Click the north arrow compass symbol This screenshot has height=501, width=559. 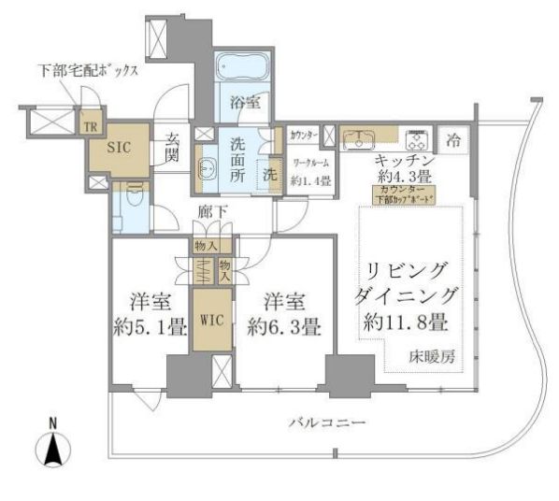pos(54,449)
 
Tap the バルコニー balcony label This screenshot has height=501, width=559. pos(326,423)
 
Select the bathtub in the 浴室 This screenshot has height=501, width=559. pos(243,71)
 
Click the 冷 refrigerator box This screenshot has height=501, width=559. pos(452,142)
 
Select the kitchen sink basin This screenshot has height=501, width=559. pos(356,141)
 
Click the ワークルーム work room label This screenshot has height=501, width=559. pos(309,164)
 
